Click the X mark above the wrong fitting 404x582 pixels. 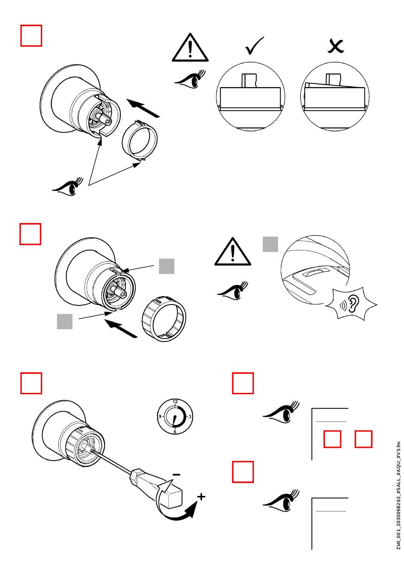click(x=336, y=46)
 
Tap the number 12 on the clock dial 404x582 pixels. click(x=175, y=401)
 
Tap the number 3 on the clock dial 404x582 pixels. click(x=190, y=416)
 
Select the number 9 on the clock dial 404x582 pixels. click(x=160, y=416)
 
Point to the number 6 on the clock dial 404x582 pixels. click(x=175, y=432)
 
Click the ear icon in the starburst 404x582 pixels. click(x=353, y=303)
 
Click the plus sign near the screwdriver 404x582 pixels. click(x=201, y=497)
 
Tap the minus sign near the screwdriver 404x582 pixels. click(x=176, y=475)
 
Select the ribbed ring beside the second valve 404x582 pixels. click(x=164, y=319)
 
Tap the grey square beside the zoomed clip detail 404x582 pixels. click(x=270, y=244)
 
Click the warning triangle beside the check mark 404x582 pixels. click(x=190, y=48)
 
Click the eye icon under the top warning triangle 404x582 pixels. click(x=191, y=79)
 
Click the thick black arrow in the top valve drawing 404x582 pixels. click(x=143, y=108)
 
